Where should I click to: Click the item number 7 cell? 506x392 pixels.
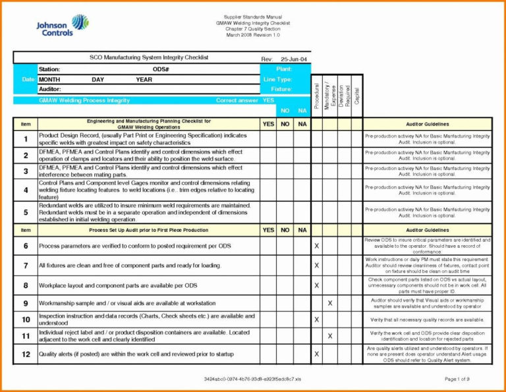tap(26, 266)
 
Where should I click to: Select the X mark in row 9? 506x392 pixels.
tap(330, 303)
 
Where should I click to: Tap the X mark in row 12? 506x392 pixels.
tap(316, 354)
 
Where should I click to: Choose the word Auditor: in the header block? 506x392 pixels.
tap(50, 89)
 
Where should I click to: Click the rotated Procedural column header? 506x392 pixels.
tap(316, 96)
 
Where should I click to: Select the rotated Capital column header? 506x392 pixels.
tap(356, 96)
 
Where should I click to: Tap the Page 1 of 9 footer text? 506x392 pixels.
tap(457, 379)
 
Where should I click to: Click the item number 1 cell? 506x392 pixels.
tap(26, 139)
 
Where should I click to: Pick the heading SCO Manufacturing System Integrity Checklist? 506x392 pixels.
tap(149, 58)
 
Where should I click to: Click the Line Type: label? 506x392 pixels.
tap(279, 79)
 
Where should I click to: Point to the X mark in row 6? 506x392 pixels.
tap(316, 246)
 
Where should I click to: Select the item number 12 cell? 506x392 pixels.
tap(26, 354)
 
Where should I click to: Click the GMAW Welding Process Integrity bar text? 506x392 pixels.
tap(84, 101)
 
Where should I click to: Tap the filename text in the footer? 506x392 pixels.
tap(252, 379)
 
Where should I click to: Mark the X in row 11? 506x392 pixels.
tap(330, 336)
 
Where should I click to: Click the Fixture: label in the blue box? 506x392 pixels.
tap(281, 89)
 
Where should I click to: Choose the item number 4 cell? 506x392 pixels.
tap(26, 190)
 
